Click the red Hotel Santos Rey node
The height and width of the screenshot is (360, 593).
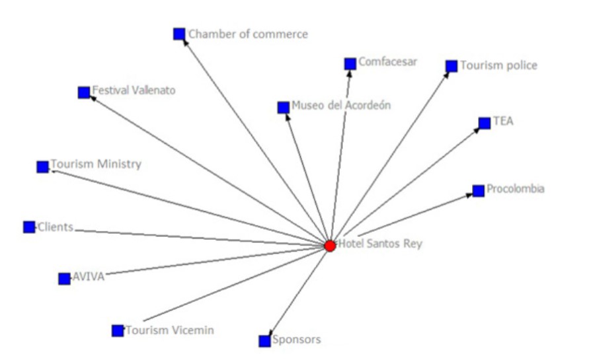tap(330, 246)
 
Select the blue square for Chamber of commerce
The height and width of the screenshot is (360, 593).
tap(179, 34)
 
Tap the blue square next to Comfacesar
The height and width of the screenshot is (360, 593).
tap(350, 63)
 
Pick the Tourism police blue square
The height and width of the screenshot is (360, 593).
tap(452, 66)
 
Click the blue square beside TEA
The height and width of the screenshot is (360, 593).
tap(485, 122)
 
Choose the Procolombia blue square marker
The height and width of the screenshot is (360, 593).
tap(478, 191)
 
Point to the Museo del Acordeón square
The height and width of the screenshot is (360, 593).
tap(283, 107)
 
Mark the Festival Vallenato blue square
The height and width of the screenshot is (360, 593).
tap(84, 92)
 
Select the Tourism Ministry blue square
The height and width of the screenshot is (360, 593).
tap(42, 166)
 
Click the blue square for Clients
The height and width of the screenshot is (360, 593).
tap(29, 227)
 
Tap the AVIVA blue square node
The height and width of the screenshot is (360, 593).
tap(64, 279)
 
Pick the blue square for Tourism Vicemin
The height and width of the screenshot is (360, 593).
tap(118, 330)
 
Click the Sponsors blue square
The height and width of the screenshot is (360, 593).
tap(264, 341)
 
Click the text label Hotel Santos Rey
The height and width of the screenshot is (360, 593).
tap(379, 244)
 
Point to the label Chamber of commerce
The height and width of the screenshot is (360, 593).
tap(248, 34)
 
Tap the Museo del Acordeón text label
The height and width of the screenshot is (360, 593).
tap(341, 105)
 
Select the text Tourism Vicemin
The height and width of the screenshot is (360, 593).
tap(170, 330)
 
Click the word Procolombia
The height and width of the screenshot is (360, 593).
tap(516, 189)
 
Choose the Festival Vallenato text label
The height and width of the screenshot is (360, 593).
tap(134, 90)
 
